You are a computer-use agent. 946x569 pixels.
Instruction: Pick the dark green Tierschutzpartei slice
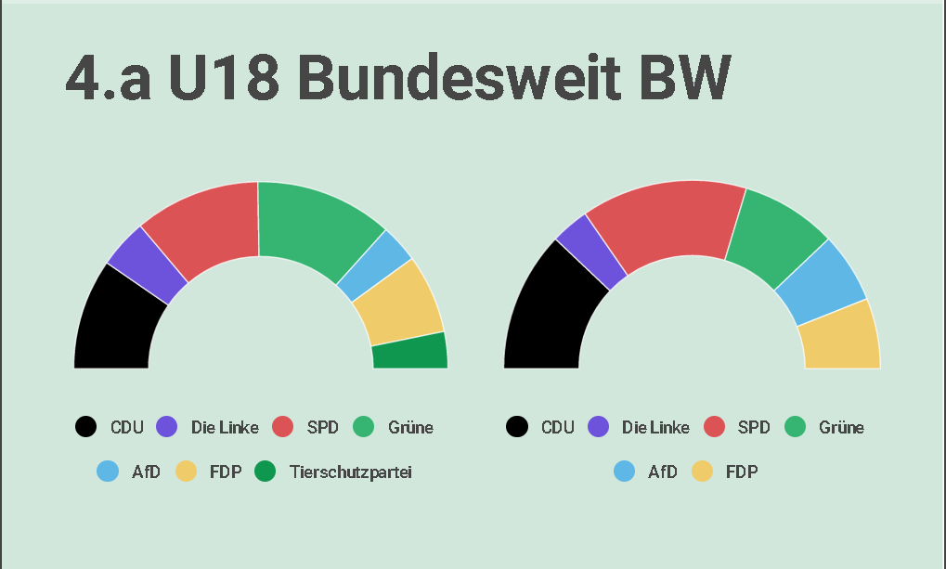click(409, 352)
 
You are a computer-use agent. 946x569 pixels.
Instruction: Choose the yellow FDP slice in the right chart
click(840, 336)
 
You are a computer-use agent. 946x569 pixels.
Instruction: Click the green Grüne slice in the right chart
click(775, 238)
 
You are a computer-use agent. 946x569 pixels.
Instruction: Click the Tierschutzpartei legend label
click(350, 472)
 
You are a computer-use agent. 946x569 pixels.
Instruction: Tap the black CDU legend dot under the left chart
click(85, 427)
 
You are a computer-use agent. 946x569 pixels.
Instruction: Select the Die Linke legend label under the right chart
click(655, 427)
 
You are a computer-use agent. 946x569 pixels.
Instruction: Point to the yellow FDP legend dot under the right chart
click(702, 472)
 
